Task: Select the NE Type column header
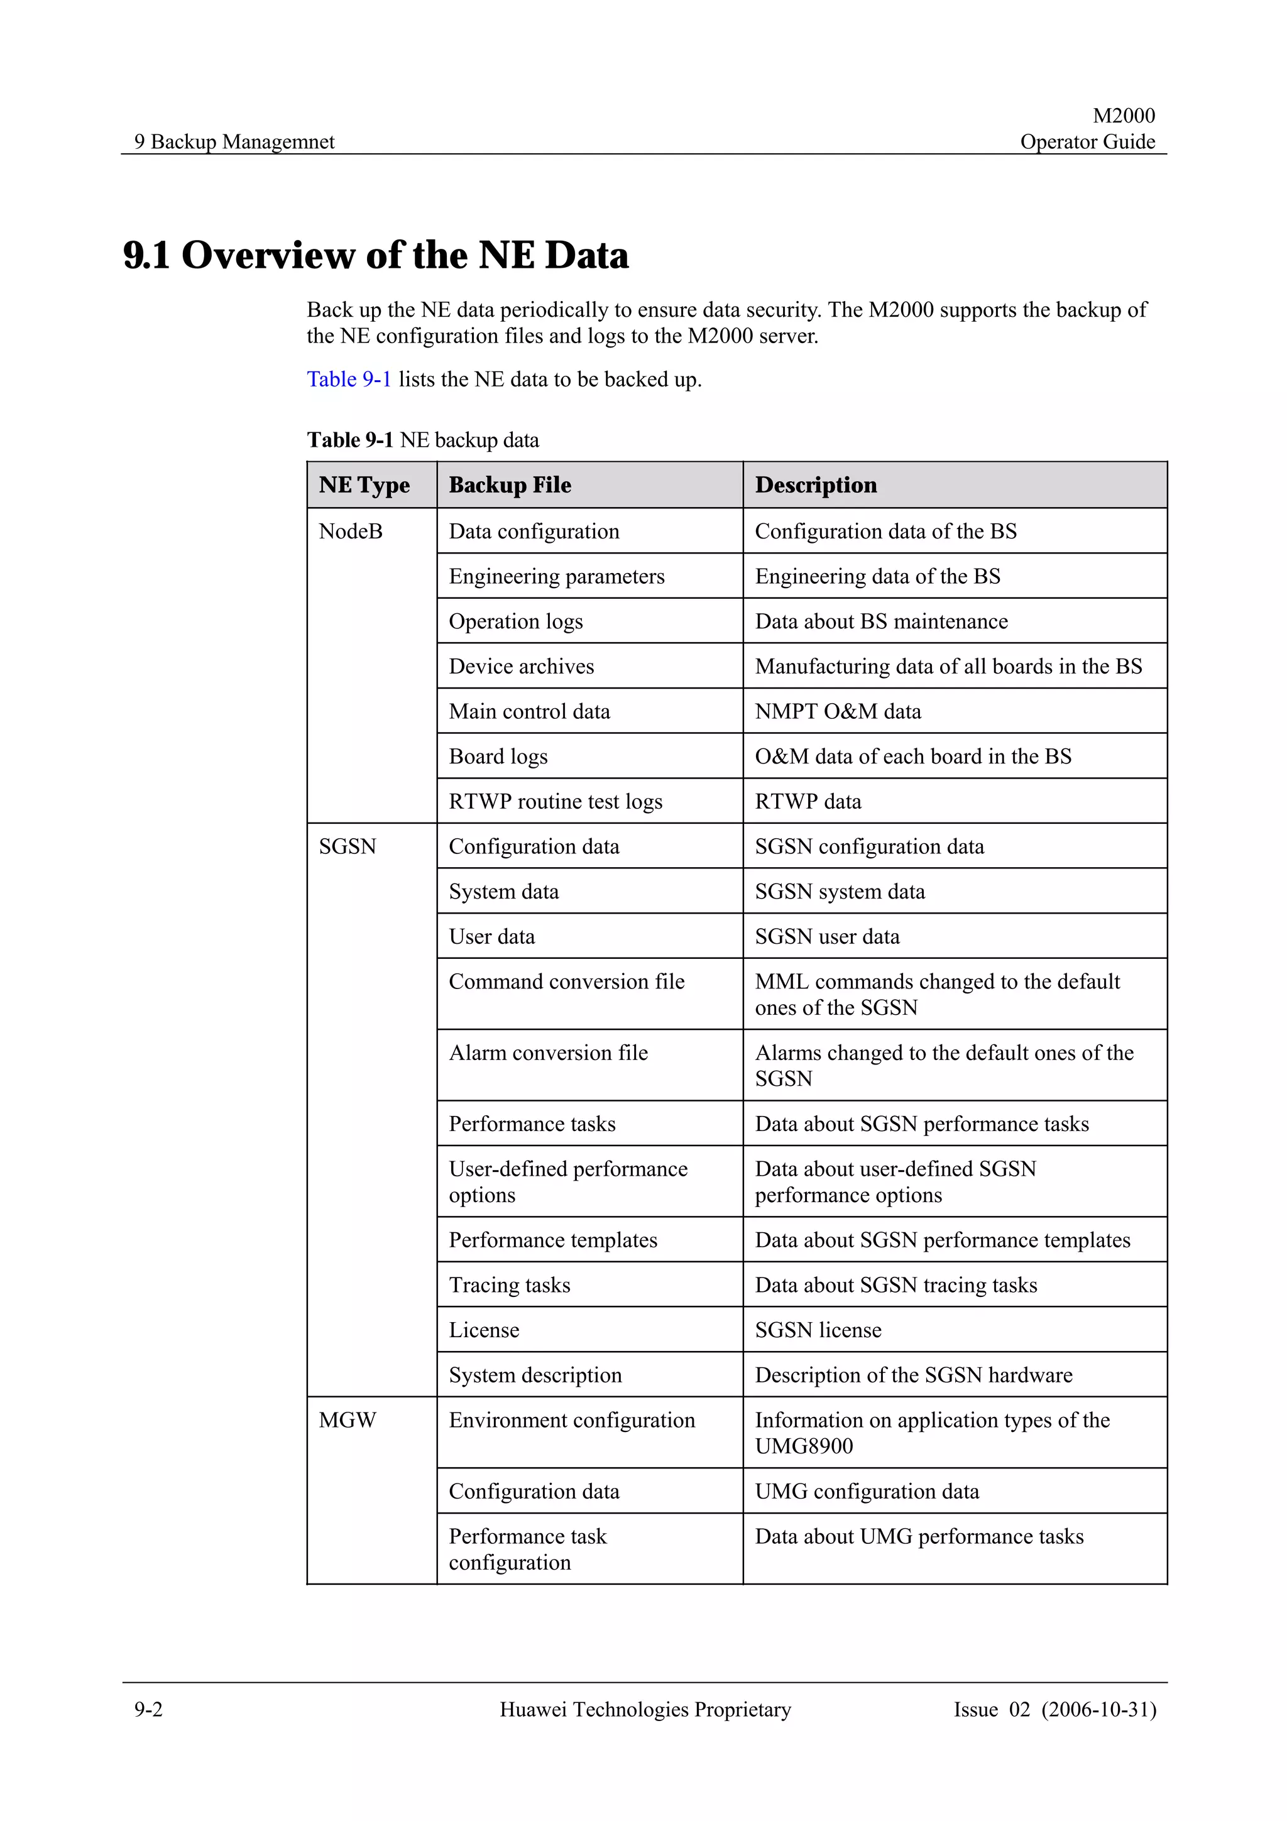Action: pos(364,484)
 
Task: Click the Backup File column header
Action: pos(510,484)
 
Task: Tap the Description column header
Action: pos(815,484)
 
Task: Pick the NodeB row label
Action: pos(351,532)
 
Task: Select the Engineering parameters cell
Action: pos(557,577)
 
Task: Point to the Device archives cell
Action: pos(521,666)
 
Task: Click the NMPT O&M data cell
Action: pos(838,711)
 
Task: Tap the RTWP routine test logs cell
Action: pos(555,802)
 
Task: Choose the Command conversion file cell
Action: pos(566,982)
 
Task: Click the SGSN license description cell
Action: pos(818,1330)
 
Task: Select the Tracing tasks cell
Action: pos(509,1285)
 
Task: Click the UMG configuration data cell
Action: pos(867,1491)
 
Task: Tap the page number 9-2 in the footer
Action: pos(148,1709)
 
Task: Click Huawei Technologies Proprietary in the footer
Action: pos(645,1709)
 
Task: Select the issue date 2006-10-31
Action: pos(1099,1709)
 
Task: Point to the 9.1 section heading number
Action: pos(146,255)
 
